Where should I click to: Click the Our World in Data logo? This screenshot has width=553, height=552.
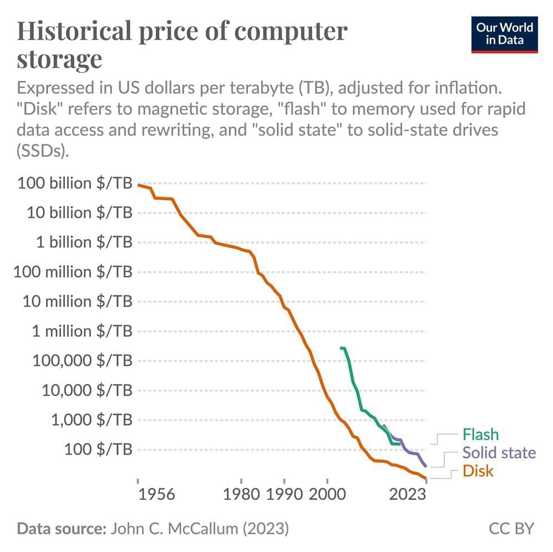pos(504,34)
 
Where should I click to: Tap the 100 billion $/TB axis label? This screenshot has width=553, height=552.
pos(75,183)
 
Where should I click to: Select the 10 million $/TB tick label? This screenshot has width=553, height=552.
pos(78,301)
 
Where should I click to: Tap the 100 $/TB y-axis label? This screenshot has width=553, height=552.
pos(98,449)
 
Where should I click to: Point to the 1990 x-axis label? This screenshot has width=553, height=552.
pos(284,494)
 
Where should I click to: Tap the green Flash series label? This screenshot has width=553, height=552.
pos(480,435)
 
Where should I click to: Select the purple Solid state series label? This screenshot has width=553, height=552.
pos(499,453)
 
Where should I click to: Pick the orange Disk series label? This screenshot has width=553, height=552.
pos(478,471)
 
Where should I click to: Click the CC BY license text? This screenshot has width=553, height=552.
pos(511,529)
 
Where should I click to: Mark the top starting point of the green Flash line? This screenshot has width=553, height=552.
pos(341,347)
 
